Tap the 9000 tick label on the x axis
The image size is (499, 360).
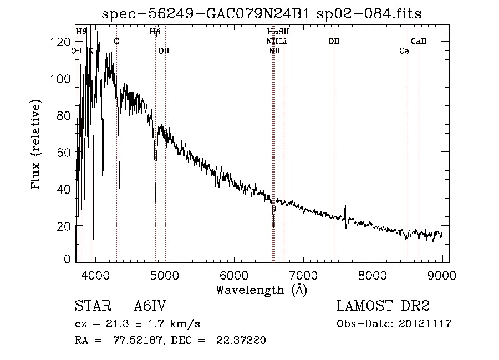(x=442, y=274)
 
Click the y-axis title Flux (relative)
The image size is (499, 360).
(x=37, y=145)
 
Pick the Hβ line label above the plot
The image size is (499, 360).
(x=155, y=32)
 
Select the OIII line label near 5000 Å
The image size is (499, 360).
(x=165, y=50)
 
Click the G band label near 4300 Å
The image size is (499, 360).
(x=116, y=41)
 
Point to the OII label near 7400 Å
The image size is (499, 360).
(x=334, y=41)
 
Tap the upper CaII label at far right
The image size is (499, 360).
(x=419, y=41)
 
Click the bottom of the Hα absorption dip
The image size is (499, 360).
(x=273, y=227)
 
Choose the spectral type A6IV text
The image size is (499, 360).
(x=150, y=306)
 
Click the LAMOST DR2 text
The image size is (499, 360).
(x=383, y=306)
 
